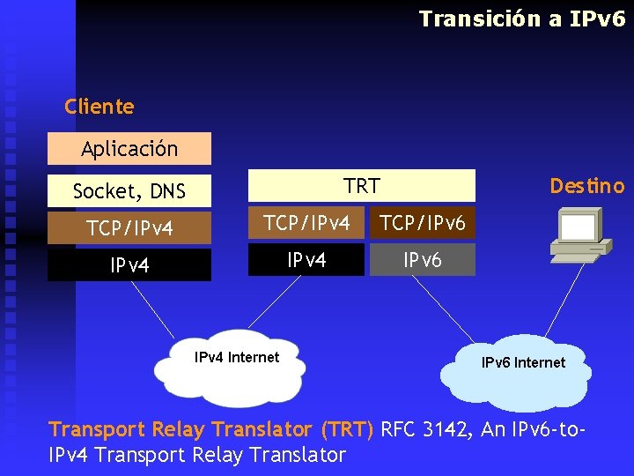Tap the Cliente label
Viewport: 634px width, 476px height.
[100, 107]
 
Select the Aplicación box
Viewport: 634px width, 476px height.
[129, 149]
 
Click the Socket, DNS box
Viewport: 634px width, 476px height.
[129, 190]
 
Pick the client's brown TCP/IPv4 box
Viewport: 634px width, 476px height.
[129, 228]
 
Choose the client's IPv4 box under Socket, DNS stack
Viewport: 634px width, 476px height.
[129, 265]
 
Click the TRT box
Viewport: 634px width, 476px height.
[362, 186]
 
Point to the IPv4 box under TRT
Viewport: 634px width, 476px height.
[306, 260]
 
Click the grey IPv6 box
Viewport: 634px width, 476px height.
[423, 260]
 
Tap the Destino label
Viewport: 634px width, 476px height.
[586, 186]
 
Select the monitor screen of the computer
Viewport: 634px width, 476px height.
[579, 227]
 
